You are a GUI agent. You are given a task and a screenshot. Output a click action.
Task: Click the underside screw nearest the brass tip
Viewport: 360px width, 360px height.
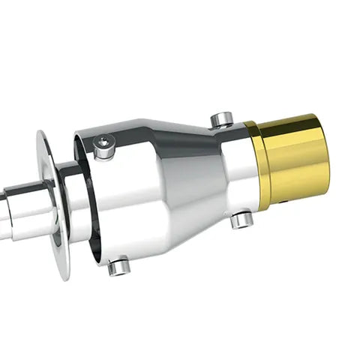(x=241, y=220)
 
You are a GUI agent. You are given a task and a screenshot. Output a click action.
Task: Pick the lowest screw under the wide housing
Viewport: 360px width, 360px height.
(x=119, y=266)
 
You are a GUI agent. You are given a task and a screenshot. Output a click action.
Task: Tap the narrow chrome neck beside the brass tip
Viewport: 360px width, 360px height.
(x=238, y=169)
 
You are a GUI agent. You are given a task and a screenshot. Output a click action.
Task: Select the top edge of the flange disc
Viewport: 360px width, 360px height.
(x=41, y=134)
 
